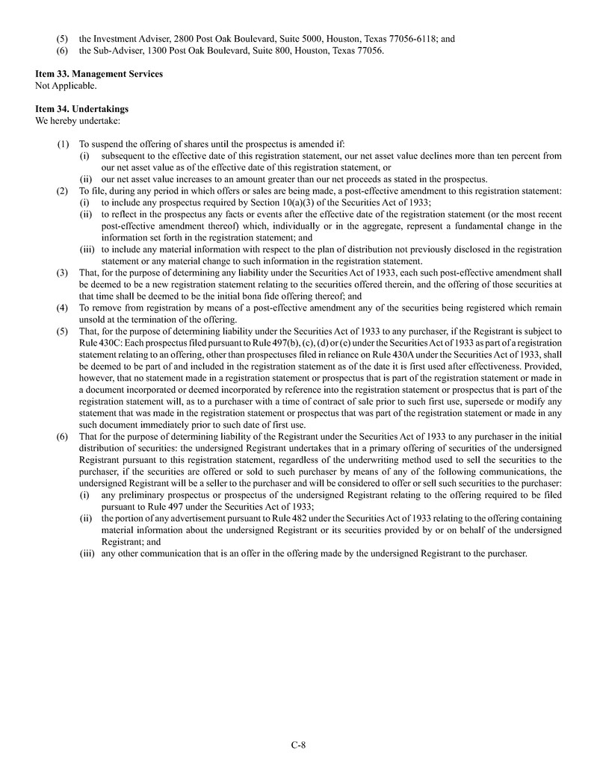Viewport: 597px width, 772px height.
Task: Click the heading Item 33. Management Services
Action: [x=99, y=74]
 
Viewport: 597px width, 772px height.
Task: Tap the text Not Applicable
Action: [x=66, y=85]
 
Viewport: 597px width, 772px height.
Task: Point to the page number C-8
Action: [x=299, y=744]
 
